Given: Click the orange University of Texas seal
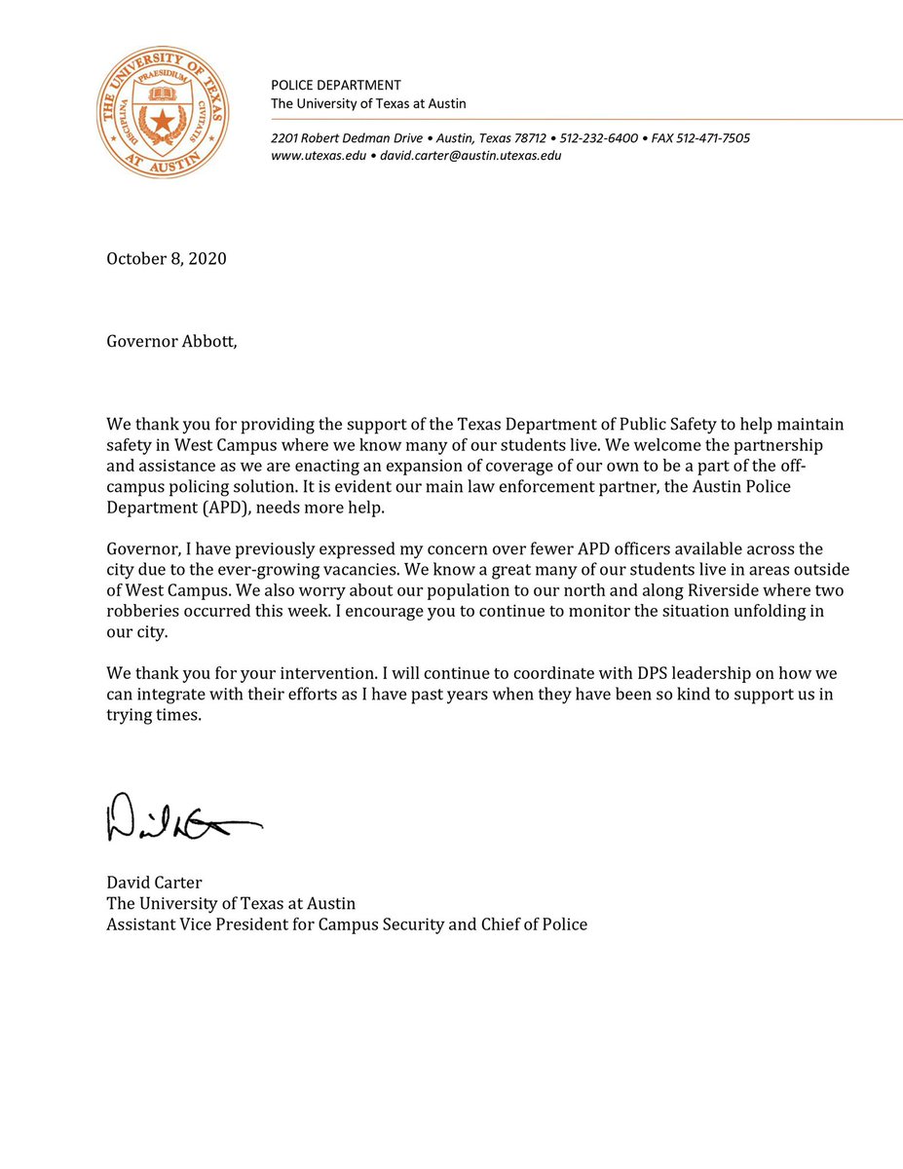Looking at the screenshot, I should [x=164, y=113].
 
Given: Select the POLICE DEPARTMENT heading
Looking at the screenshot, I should [x=335, y=86].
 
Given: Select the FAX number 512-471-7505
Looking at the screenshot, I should [x=706, y=138].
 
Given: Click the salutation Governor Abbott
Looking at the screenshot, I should [x=171, y=344].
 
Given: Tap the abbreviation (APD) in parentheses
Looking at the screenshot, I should [x=220, y=508].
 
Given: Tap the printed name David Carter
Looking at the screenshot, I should [x=154, y=883].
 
